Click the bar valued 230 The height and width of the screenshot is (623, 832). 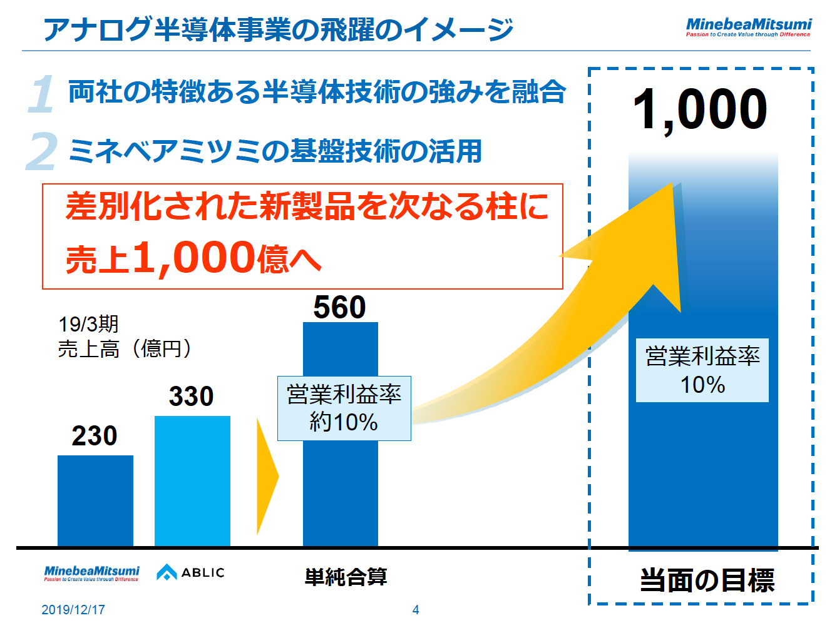95,500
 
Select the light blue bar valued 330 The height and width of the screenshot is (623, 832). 192,481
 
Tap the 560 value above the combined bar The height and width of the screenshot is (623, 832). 339,307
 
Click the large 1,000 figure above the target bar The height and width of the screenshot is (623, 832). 700,110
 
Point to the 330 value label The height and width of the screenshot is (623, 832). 191,397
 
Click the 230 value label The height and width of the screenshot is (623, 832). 95,436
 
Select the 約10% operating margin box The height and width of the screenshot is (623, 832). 344,408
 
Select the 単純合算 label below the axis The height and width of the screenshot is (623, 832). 346,577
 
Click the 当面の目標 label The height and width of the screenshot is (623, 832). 707,580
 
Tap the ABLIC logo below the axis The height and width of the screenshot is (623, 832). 190,572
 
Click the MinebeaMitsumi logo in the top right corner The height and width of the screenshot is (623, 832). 748,27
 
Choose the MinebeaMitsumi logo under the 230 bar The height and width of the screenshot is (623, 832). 91,573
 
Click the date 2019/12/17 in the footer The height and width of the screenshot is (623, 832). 73,610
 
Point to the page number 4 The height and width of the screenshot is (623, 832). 416,610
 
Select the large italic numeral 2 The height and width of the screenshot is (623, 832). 41,151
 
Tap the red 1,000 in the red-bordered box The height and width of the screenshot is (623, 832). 194,258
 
